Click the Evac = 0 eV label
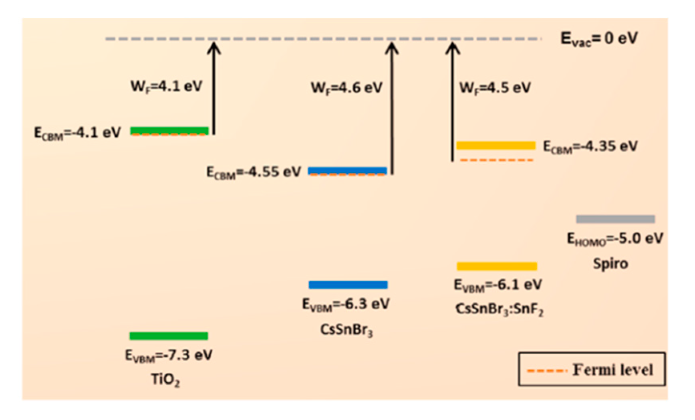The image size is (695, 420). coord(599,38)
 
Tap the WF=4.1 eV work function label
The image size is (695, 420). coord(166,86)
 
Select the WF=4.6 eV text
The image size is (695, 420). coord(346,87)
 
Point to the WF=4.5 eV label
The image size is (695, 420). coord(495,87)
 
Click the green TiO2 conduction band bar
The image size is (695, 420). coord(169,130)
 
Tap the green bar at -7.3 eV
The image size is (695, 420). coord(169,336)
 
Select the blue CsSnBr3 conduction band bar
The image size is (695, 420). coord(347,170)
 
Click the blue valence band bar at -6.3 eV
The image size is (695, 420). coord(348,285)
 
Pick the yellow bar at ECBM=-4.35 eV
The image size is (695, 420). coord(496,145)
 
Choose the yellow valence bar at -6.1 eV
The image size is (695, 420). coord(497,266)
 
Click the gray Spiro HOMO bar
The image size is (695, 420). coord(615,219)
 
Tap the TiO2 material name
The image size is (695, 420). coord(165,379)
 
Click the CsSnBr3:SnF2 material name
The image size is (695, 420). coord(499,309)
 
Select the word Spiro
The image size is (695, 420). coord(610,263)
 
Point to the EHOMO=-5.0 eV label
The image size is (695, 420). coord(615,239)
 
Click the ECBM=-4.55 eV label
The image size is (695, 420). coord(253,172)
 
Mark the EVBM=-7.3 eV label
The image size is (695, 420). coord(169,355)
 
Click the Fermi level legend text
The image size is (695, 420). coord(612,370)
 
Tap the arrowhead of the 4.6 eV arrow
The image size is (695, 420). coord(392,48)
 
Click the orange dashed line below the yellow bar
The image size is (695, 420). coord(496,160)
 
